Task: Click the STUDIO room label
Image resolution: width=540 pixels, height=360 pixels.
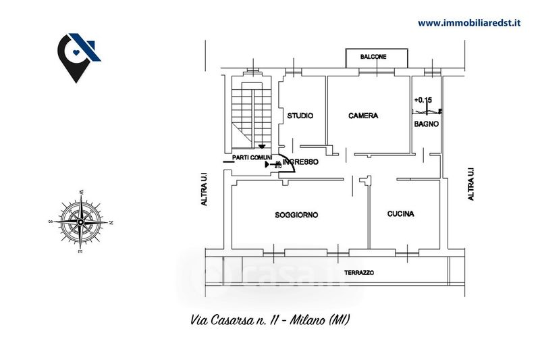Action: [300, 115]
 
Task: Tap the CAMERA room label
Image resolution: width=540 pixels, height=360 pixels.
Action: [363, 115]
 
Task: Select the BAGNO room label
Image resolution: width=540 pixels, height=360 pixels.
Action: [427, 124]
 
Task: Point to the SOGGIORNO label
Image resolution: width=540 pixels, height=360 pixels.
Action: [296, 215]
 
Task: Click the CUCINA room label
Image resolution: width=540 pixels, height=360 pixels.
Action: [401, 214]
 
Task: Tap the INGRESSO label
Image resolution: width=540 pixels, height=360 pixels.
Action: [300, 162]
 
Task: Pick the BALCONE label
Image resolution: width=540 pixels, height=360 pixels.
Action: [373, 57]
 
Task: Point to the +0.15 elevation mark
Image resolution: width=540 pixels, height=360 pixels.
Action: [423, 101]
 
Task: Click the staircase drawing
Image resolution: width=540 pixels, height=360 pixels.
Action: [252, 111]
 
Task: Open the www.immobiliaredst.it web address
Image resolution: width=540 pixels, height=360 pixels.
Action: [469, 22]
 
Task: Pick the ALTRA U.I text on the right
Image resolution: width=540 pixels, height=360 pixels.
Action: [471, 184]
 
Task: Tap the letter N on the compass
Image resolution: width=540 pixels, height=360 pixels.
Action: [111, 222]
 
